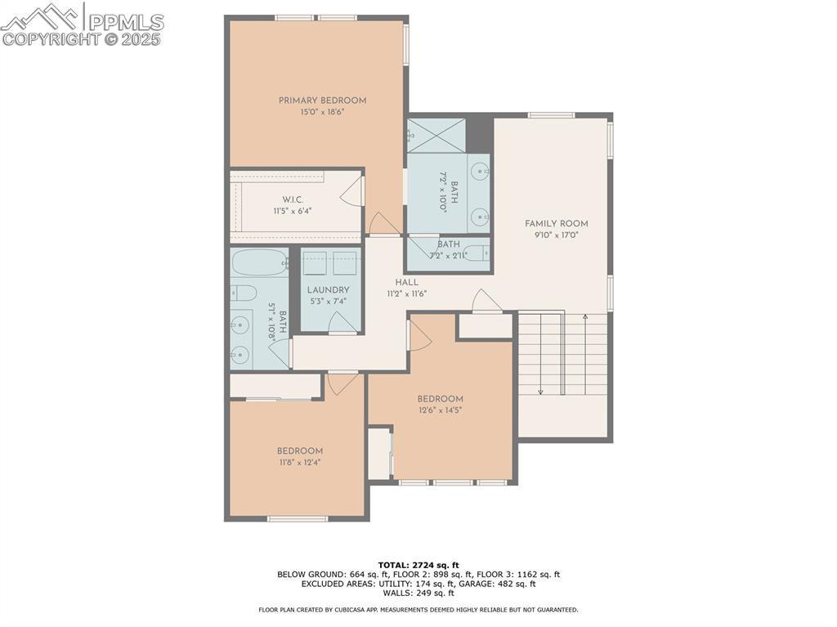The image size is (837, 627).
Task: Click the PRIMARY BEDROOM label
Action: (x=322, y=101)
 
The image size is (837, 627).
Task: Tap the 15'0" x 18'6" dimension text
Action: (x=322, y=112)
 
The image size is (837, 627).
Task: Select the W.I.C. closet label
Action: (x=293, y=199)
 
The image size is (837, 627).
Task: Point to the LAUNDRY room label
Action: (x=329, y=290)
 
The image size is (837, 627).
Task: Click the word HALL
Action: (x=406, y=283)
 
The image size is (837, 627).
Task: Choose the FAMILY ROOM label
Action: (x=556, y=224)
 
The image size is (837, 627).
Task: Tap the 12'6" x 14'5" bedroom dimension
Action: (x=440, y=410)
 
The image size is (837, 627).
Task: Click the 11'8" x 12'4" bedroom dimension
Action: (x=299, y=463)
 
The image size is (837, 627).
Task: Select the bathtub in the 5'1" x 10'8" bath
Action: (x=258, y=263)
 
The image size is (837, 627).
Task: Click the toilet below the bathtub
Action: (x=244, y=293)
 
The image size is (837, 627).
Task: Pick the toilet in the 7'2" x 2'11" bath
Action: (x=474, y=253)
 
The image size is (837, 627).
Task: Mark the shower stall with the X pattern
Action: (x=436, y=136)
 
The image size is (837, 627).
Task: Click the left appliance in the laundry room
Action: (x=316, y=263)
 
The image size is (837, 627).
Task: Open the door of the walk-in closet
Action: (x=351, y=192)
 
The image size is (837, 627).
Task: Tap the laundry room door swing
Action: (x=342, y=324)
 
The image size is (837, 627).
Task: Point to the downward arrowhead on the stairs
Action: (x=540, y=392)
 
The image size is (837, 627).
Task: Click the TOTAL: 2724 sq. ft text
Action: (x=418, y=565)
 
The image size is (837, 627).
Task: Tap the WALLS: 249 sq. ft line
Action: (x=418, y=593)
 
